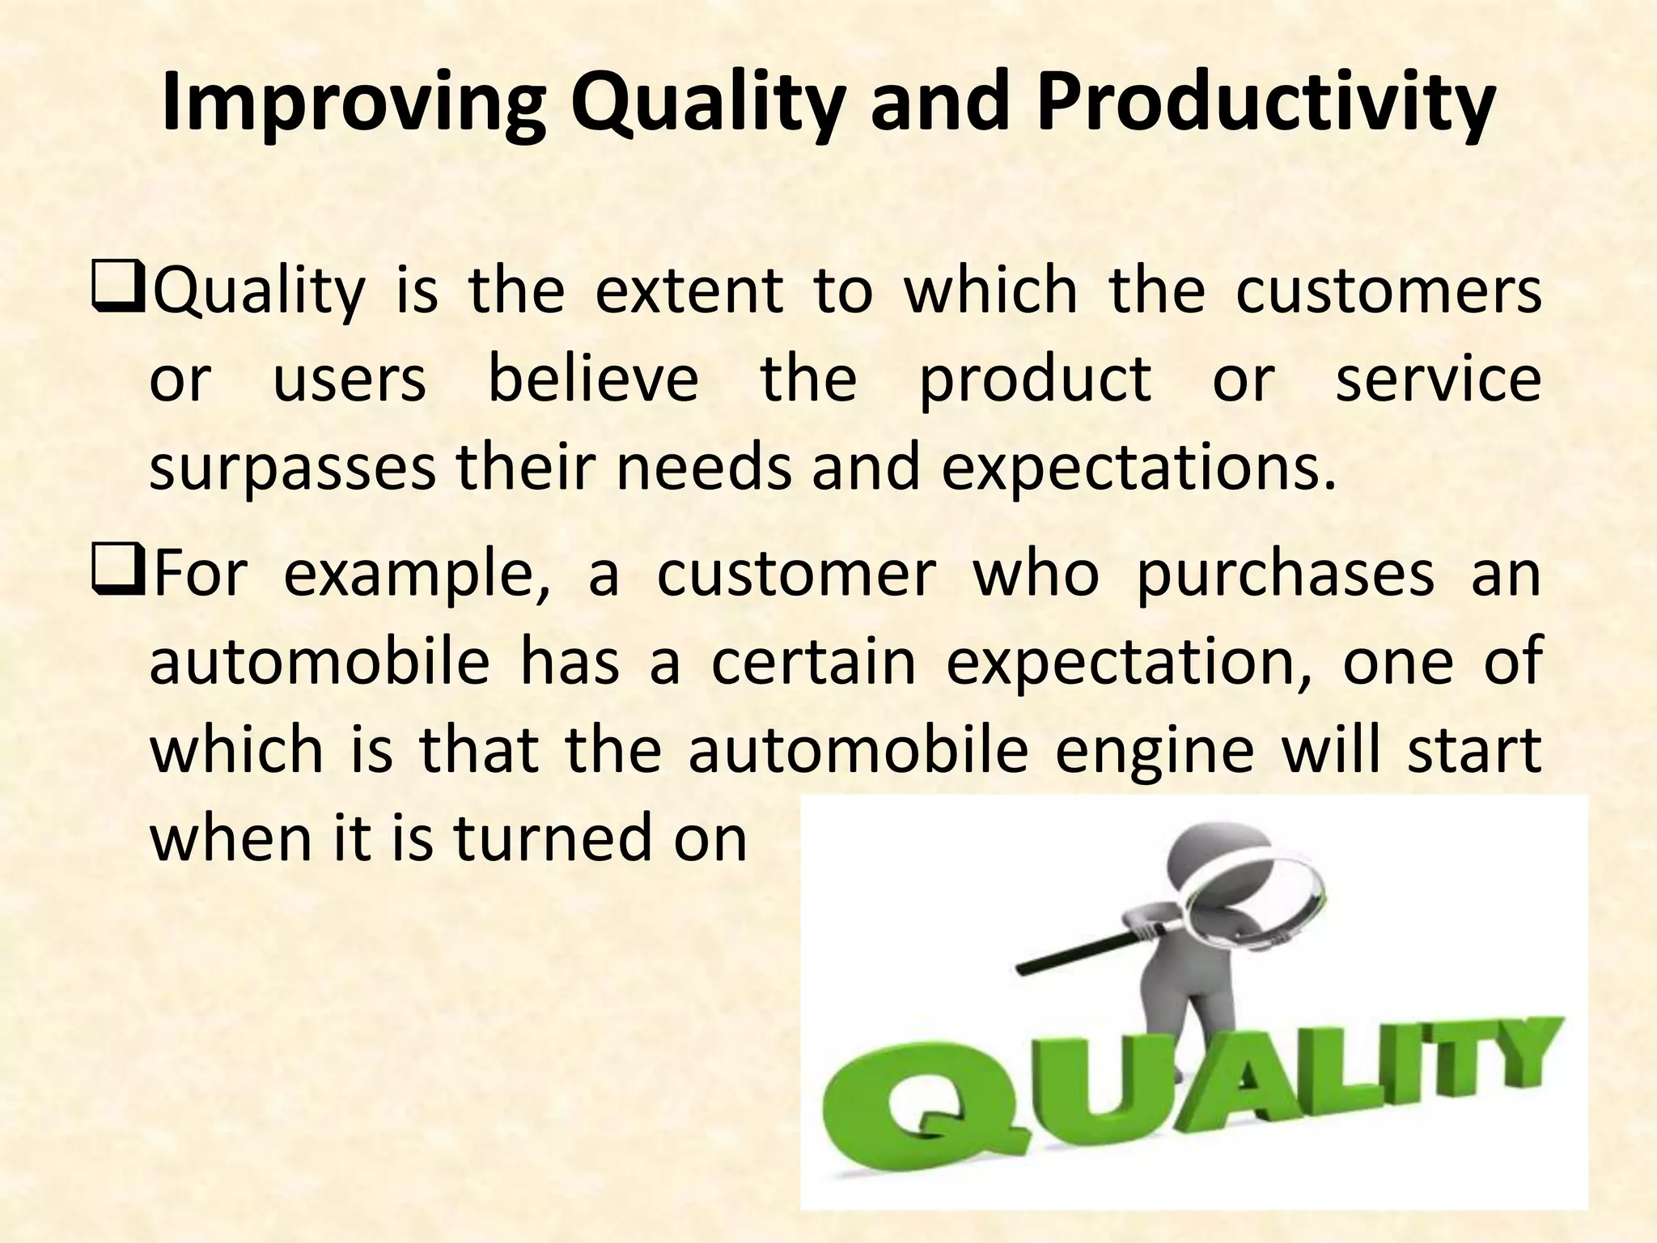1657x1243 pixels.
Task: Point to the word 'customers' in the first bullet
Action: (1388, 291)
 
